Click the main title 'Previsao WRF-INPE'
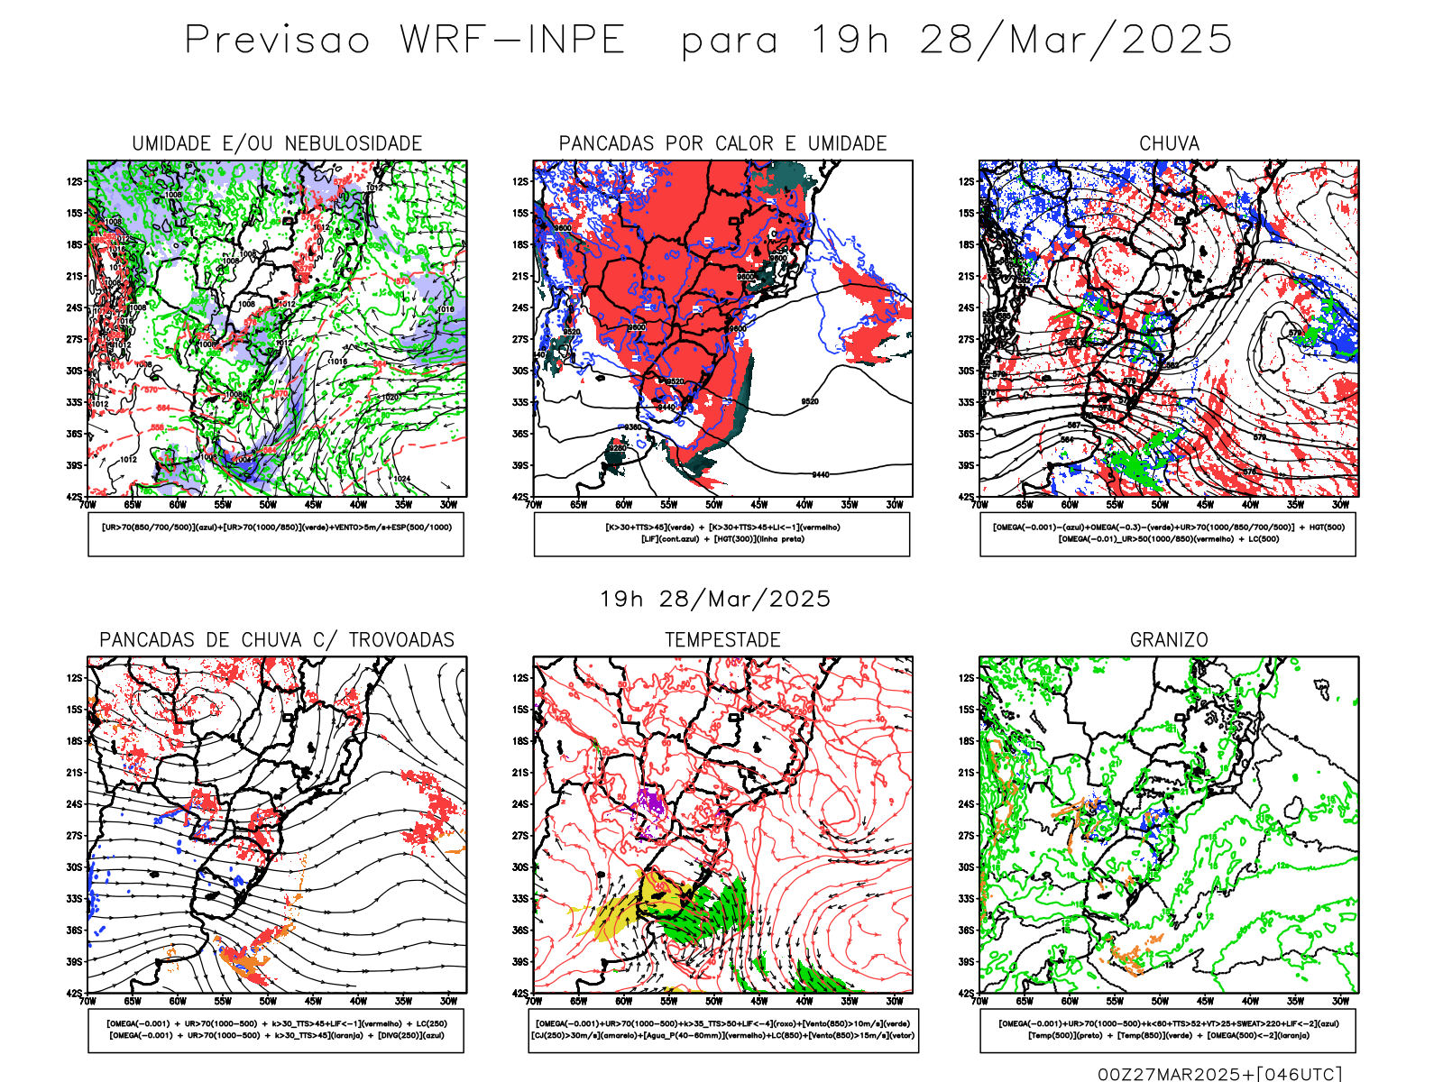(405, 41)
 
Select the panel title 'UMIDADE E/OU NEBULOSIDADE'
(277, 143)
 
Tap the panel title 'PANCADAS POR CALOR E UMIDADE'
(722, 143)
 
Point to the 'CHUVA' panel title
(1169, 143)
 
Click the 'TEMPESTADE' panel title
(722, 640)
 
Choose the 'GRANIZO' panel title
(1169, 640)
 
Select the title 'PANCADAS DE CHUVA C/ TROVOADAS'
(277, 640)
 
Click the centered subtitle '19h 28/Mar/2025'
(715, 599)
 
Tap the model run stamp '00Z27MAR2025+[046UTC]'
(1219, 1074)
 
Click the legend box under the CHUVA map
(1168, 534)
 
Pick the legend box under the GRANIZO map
(1168, 1030)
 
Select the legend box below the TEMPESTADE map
(722, 1030)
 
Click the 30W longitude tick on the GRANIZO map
(1341, 1001)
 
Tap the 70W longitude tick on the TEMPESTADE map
(534, 1001)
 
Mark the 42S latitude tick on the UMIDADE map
(74, 497)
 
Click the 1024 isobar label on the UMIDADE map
(401, 479)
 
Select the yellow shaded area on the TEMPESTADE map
(613, 915)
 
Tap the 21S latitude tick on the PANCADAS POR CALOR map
(520, 277)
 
